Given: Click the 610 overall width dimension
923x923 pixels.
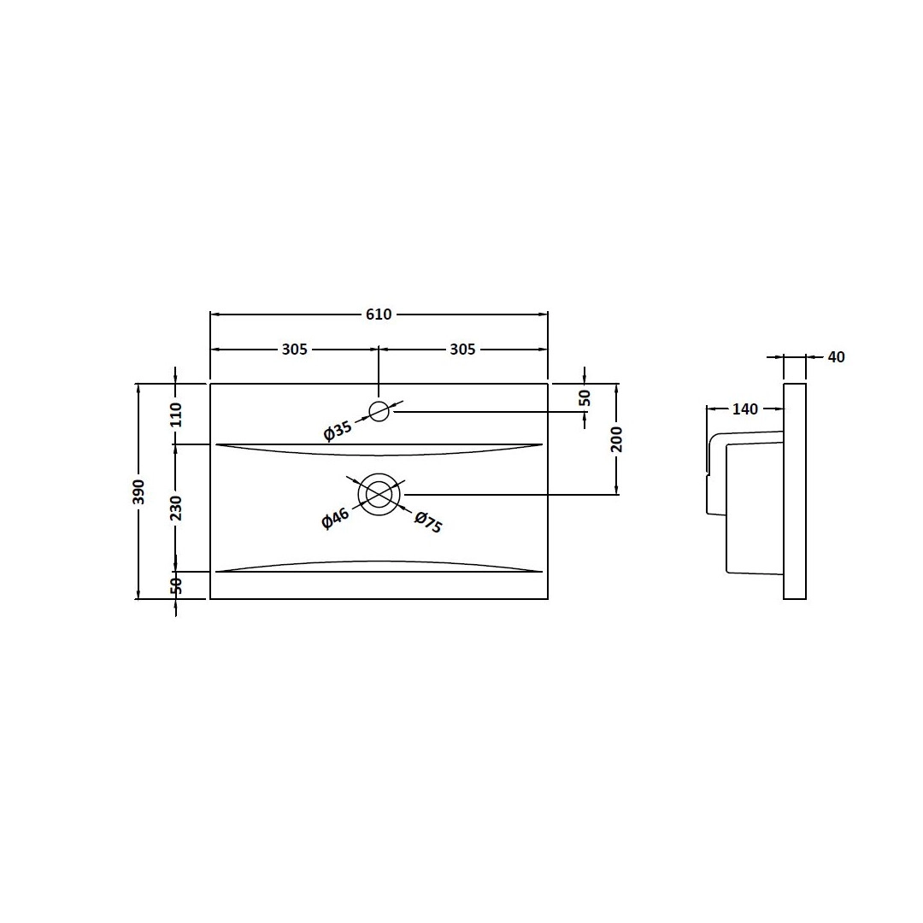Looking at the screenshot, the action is pos(379,315).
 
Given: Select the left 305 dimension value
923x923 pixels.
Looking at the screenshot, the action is pos(294,350).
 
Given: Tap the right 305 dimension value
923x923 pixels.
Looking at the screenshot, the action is pos(462,350).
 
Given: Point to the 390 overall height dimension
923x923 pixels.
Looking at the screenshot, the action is pos(138,491).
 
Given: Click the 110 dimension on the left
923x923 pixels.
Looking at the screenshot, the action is pos(176,415).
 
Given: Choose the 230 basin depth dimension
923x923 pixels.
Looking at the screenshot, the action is pos(176,508).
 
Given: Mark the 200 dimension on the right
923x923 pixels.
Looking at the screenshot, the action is pos(617,439).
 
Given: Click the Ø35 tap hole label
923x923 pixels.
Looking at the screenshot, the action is pos(338,431).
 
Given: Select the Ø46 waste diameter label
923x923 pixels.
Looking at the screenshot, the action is pos(336,519).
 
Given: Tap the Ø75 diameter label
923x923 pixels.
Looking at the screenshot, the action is pos(428,522).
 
